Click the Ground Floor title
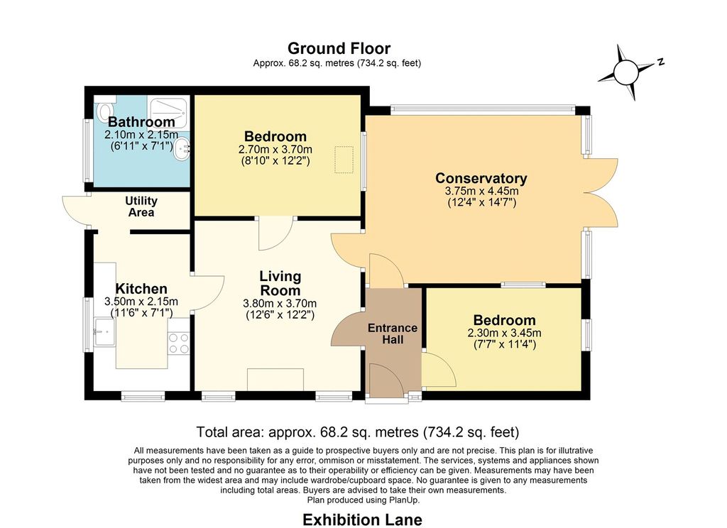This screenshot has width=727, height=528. [339, 48]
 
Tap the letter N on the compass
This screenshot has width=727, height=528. [661, 61]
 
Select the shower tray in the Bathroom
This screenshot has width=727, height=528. [169, 111]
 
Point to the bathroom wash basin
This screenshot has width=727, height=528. [182, 148]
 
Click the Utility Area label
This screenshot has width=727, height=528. [141, 207]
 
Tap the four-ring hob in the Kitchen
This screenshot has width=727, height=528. [179, 343]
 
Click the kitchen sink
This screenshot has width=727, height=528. [105, 331]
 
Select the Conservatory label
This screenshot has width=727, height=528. [481, 178]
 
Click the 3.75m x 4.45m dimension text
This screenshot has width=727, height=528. [482, 191]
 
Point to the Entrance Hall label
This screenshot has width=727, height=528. [393, 334]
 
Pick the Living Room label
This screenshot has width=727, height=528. [280, 283]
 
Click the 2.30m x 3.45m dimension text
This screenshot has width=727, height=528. [505, 333]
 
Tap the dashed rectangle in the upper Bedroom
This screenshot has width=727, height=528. [344, 160]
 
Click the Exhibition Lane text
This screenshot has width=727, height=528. [363, 519]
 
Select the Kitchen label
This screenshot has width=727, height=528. [141, 289]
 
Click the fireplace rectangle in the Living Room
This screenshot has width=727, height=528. [275, 380]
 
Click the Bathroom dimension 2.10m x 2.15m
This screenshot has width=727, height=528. [141, 135]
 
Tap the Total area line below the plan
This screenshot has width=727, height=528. [358, 432]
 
